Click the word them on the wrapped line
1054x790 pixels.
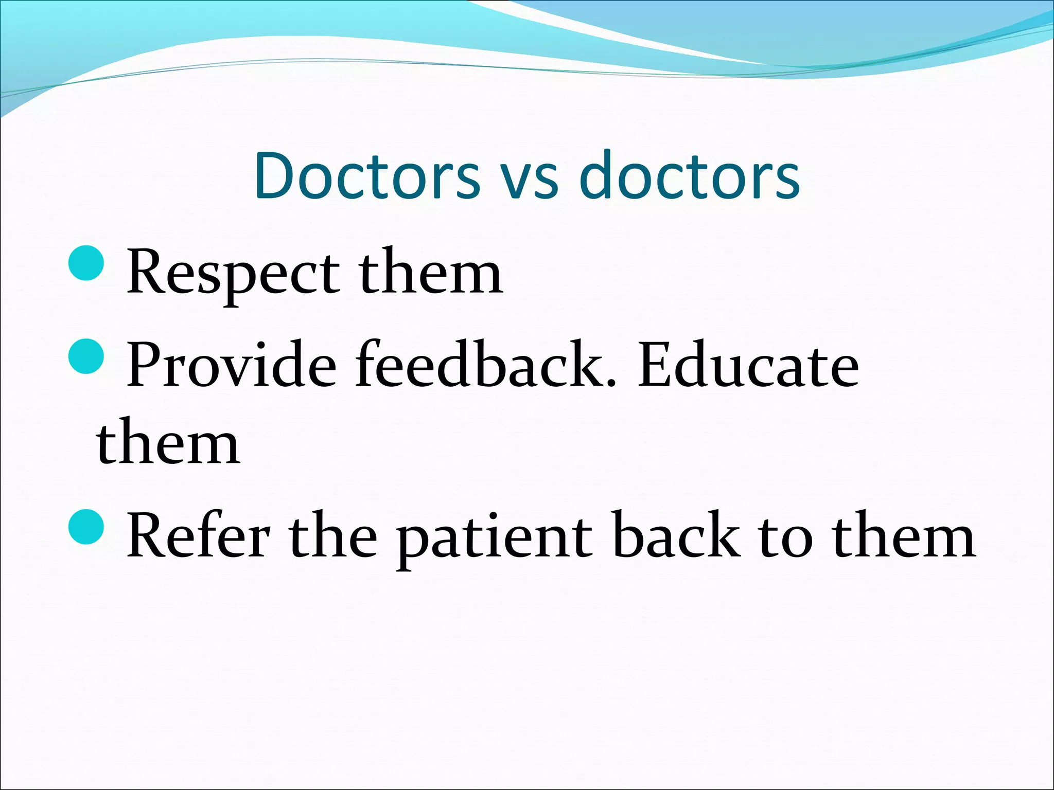pos(168,442)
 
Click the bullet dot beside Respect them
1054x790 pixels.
pos(86,263)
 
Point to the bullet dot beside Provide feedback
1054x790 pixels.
pos(86,356)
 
